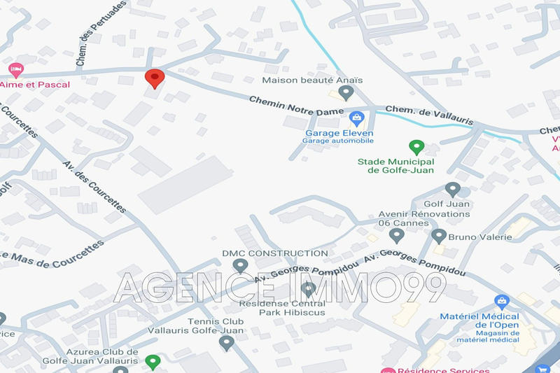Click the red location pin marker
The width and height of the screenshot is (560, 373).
pos(154,78)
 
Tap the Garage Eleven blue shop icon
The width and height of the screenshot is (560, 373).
pos(357,118)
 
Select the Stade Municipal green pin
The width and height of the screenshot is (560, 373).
pos(416,147)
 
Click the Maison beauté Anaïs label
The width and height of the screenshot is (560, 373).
pos(312,80)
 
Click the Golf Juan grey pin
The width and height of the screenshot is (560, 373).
pos(453,189)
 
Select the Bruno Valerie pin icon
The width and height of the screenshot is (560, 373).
pos(439,237)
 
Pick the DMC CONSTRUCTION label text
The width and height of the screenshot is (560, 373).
pos(274,253)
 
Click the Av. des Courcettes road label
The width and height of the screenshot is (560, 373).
pos(94,186)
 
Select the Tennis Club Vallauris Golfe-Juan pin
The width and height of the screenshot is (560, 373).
pos(226,343)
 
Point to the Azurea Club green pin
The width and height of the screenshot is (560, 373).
pos(153,362)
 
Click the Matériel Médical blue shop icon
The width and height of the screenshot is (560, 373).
pos(501,302)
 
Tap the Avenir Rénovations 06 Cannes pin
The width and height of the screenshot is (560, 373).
pos(397,236)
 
